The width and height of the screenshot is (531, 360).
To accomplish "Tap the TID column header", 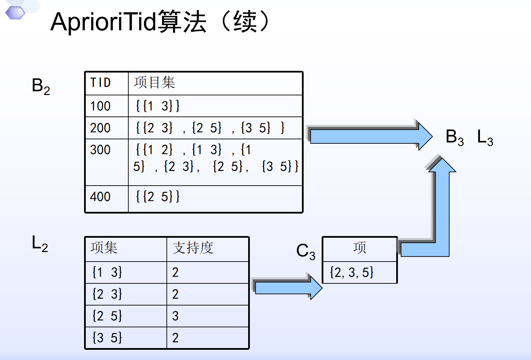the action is pos(100,82).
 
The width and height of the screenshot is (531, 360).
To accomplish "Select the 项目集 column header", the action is pos(154,82).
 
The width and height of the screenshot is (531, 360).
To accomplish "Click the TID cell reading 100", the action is pos(100,106).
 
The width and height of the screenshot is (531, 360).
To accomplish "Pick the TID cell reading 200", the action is pos(100,128).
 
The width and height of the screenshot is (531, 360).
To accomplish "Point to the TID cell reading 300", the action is pos(100,150).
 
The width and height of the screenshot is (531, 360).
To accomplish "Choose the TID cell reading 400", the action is pos(100,197).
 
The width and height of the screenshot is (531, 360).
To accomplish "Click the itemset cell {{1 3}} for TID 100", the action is pos(158,106).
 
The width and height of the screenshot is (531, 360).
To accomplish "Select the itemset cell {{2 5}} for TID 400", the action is pos(158,197).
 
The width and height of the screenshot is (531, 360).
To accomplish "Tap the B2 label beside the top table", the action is pos(41,86).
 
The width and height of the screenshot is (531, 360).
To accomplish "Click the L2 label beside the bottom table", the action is pos(40,244).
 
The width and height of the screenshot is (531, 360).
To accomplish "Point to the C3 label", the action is pos(306,251).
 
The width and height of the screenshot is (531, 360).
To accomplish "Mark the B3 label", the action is pos(455,138).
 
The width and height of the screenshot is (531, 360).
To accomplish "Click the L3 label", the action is pos(485,138).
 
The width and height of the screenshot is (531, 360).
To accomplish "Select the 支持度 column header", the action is pos(193,248).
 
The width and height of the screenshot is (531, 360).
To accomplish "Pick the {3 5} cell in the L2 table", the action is pos(107,338).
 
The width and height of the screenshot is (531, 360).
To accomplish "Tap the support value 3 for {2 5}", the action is pos(175,316).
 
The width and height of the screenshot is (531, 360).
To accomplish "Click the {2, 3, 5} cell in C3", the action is pos(352,272).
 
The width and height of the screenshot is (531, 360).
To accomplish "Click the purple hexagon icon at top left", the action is pos(15,13).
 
